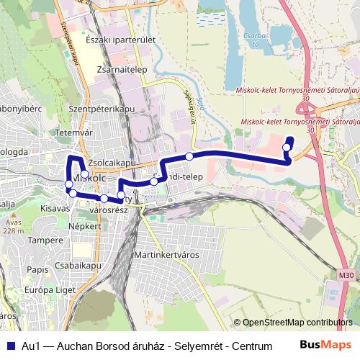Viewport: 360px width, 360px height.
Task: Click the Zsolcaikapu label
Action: (110, 163)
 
